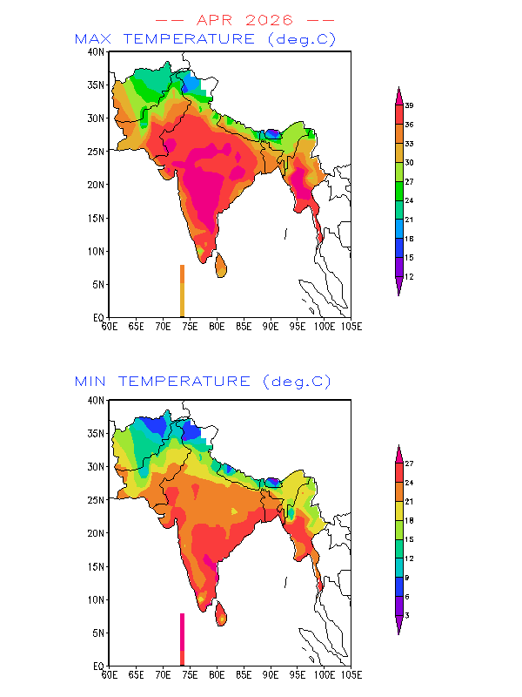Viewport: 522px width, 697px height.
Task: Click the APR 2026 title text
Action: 245,20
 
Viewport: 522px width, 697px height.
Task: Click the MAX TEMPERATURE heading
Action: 164,39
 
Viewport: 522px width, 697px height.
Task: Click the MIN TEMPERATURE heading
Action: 163,382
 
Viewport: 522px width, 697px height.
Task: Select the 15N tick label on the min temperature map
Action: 96,567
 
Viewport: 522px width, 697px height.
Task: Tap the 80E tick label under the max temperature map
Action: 217,327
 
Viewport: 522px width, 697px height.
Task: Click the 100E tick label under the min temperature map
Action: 325,675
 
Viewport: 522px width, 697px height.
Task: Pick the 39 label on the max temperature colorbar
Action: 409,105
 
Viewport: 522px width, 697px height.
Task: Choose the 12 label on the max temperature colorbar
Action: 409,277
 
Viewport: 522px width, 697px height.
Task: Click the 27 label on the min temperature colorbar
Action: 409,464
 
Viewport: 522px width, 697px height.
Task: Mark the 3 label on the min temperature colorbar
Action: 407,616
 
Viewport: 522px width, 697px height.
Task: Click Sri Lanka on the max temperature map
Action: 221,266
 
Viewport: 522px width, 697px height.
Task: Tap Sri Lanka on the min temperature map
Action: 221,614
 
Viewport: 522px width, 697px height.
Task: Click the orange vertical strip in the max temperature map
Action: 182,291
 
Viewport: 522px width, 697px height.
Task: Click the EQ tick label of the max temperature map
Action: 98,318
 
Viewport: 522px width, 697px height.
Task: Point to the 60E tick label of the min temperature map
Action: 110,675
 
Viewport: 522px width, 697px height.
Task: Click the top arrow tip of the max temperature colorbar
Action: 398,87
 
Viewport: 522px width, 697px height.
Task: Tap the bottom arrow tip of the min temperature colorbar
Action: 398,634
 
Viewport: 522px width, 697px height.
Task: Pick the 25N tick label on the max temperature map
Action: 96,152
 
